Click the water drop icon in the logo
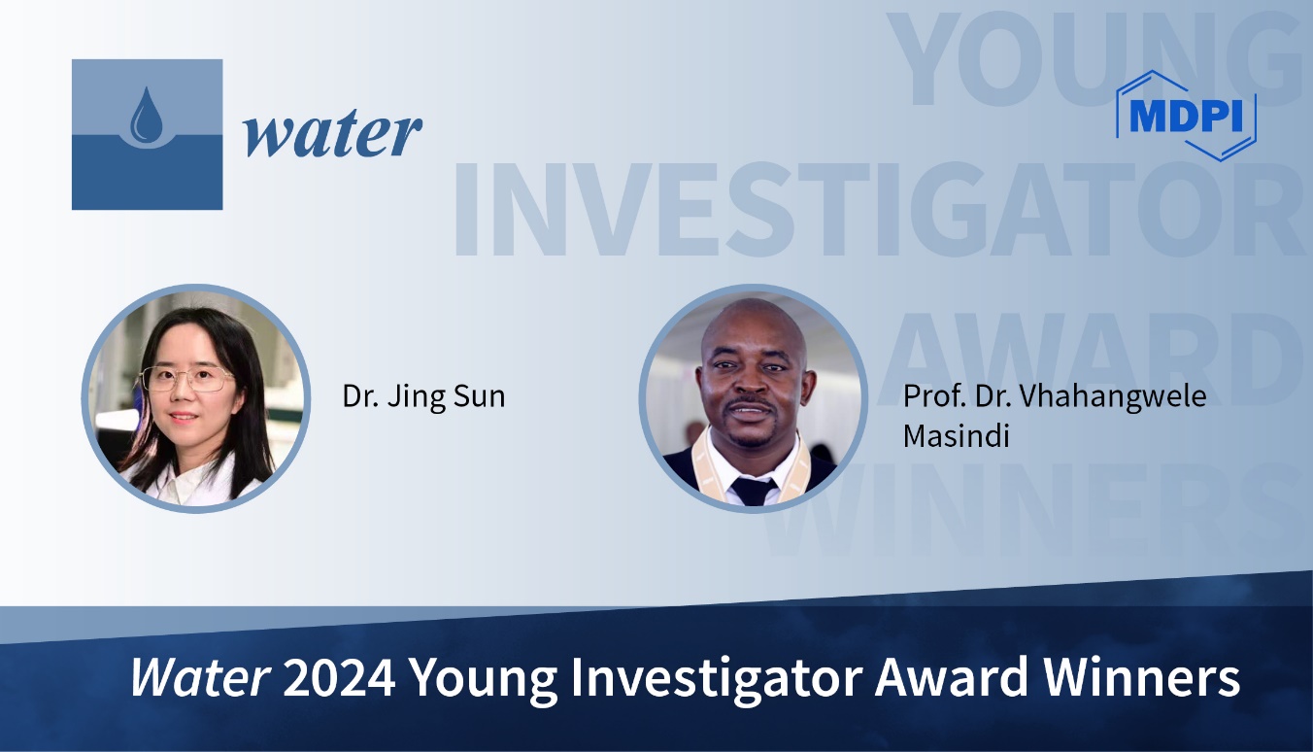coord(147,114)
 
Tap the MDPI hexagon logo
coord(1186,115)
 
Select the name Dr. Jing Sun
coord(423,397)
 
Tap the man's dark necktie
coord(754,491)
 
